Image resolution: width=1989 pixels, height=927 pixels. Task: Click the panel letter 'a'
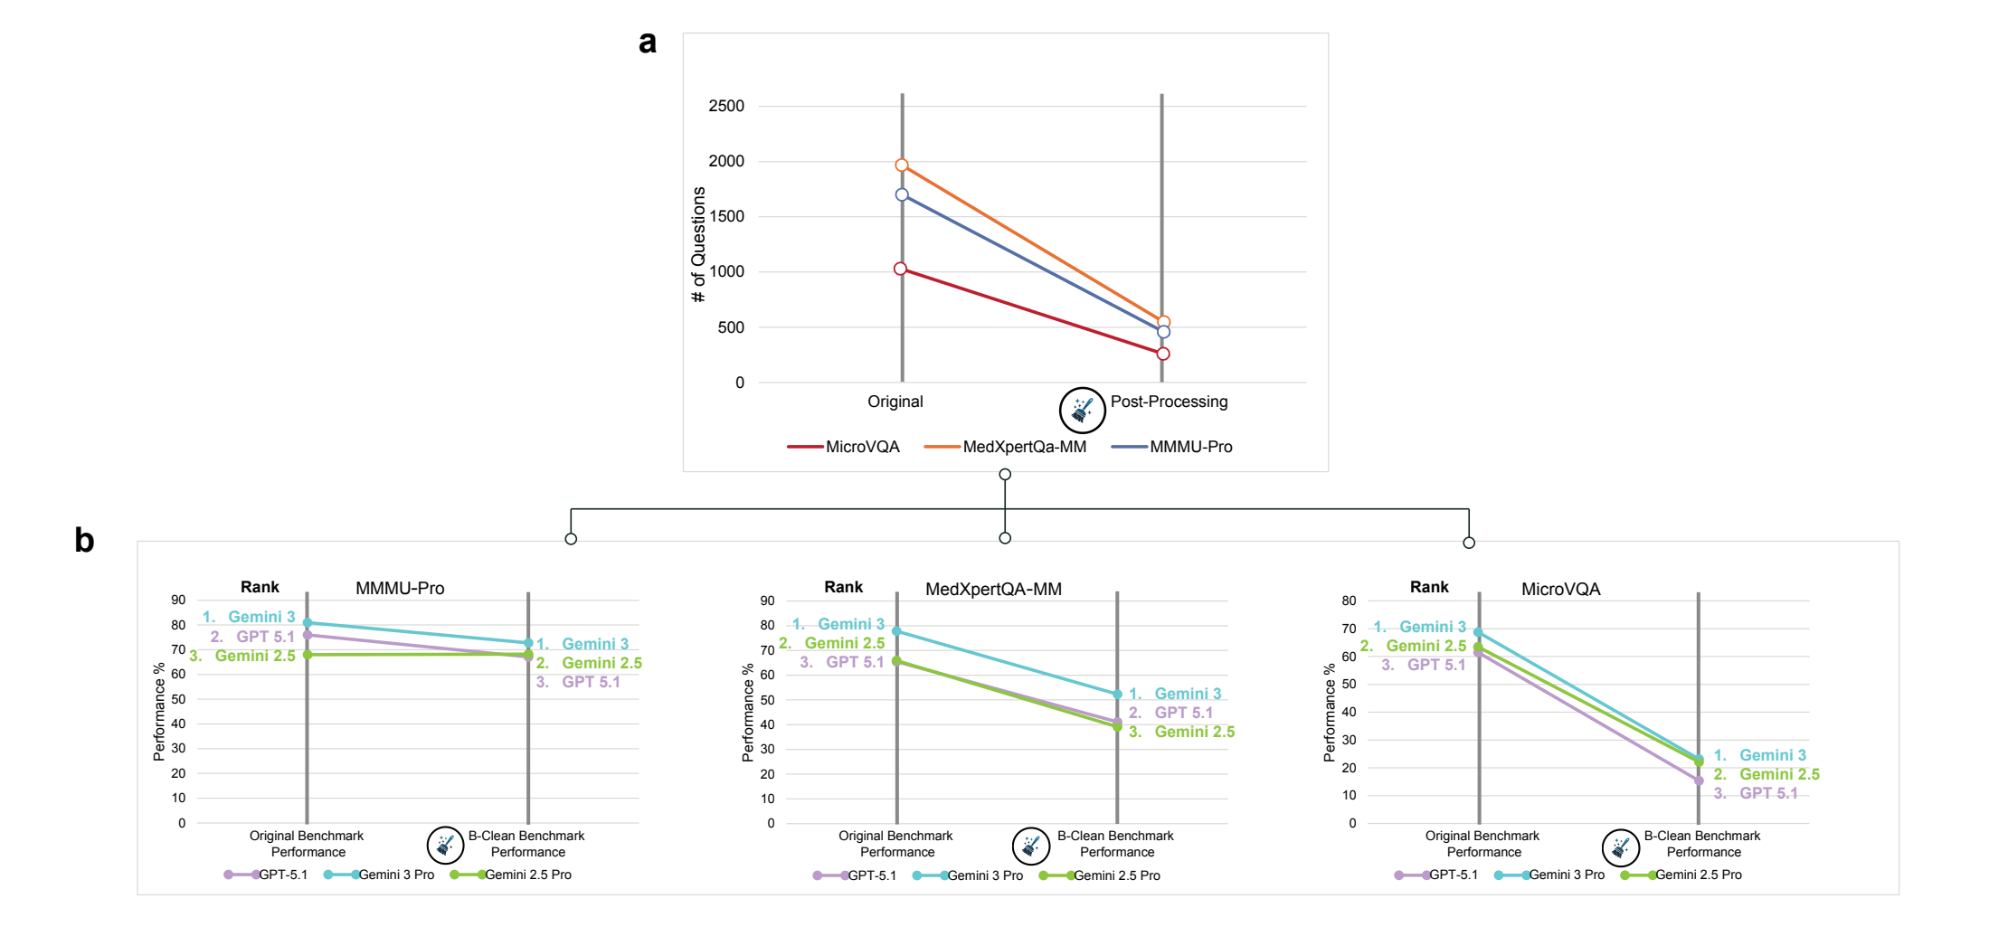tap(648, 42)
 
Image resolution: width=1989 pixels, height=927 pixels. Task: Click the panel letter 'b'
tap(84, 540)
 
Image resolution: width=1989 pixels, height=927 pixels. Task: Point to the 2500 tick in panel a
tap(726, 106)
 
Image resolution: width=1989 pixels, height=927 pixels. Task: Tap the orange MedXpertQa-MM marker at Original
tap(902, 166)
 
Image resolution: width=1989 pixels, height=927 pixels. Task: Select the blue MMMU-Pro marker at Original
tap(902, 194)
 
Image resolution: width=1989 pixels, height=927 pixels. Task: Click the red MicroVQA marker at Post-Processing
tap(1163, 354)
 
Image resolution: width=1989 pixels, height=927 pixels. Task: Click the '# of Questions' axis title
tap(698, 244)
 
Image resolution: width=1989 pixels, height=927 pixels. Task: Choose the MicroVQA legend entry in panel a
tap(844, 447)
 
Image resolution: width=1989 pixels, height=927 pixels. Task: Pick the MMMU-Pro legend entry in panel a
tap(1172, 447)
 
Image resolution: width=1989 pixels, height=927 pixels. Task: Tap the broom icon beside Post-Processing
tap(1082, 410)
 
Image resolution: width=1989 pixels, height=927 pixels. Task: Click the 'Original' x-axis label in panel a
tap(895, 402)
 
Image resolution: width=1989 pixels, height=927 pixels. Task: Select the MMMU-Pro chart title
tap(400, 589)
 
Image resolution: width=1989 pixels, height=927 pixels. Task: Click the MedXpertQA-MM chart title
tap(993, 590)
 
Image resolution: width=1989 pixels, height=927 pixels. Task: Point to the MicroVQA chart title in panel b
tap(1560, 590)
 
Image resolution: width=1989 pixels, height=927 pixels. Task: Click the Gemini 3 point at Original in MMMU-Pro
tap(308, 622)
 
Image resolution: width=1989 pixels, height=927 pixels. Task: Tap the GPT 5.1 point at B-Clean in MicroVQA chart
tap(1699, 780)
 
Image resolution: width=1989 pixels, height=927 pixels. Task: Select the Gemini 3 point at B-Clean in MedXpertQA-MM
tap(1117, 695)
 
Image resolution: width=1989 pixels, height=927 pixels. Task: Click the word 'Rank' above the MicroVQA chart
tap(1429, 587)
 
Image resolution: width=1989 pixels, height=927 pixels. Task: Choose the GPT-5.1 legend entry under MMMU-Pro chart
tap(266, 875)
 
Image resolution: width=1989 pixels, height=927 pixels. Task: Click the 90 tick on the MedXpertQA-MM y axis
tap(768, 601)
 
